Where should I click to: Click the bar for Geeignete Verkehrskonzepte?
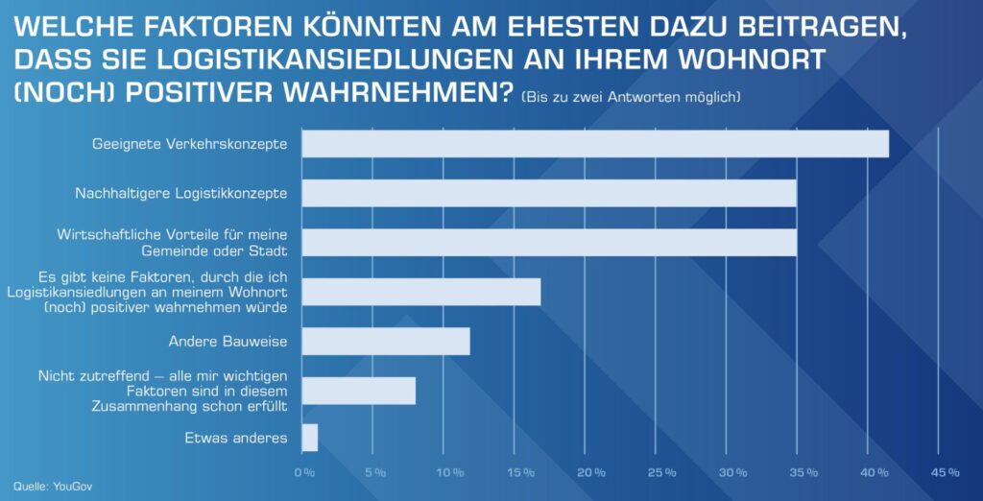pos(595,144)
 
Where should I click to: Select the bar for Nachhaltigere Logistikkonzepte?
pos(549,193)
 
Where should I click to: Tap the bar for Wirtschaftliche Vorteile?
pos(549,243)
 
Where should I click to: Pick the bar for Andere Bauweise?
pos(386,342)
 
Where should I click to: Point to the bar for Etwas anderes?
pos(309,438)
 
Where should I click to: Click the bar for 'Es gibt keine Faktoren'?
pos(421,292)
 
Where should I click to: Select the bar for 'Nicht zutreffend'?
pos(359,391)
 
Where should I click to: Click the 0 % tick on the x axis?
pos(304,472)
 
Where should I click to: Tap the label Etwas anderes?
pos(235,439)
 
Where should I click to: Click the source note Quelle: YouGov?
pos(53,487)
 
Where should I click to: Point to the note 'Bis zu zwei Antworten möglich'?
pos(631,98)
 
